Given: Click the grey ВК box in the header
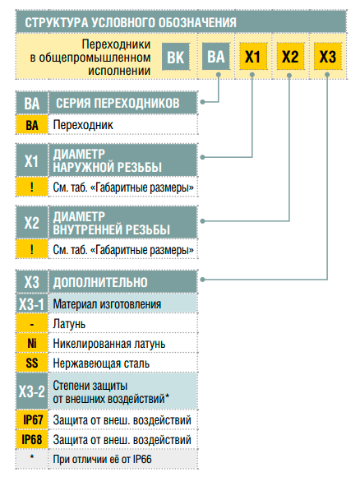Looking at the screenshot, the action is (176, 57).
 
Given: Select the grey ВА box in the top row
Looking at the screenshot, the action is (216, 57).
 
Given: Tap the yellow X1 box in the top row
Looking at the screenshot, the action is (253, 57).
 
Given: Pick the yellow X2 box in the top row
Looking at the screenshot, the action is (290, 57).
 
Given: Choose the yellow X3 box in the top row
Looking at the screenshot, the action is (328, 57).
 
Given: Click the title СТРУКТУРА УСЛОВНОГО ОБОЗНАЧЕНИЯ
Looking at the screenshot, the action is (131, 23).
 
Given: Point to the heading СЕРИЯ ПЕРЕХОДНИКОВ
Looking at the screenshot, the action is (118, 104).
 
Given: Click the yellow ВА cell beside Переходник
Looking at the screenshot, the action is (32, 125).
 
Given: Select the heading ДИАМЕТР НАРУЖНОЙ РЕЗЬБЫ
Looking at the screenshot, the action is (107, 160).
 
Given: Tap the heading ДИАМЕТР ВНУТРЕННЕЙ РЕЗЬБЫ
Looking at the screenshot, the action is (111, 223).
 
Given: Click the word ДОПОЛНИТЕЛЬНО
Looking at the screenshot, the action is (100, 282).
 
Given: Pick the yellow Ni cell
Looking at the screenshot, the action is (32, 344).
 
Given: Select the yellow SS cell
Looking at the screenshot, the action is (32, 363).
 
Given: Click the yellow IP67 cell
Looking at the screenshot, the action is (32, 419).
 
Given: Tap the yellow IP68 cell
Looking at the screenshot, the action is (32, 440).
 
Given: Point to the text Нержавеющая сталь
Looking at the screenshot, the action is (101, 364).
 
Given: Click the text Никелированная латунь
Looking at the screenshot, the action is (109, 344).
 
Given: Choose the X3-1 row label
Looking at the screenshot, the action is (31, 304).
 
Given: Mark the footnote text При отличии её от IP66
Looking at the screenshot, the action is (102, 459).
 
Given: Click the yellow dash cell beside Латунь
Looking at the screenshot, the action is (32, 324).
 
